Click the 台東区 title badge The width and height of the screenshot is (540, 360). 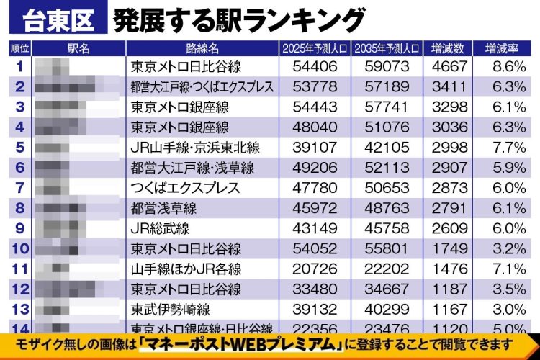(x=58, y=20)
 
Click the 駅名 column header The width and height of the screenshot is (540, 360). (x=78, y=48)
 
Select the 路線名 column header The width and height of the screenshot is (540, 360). (x=202, y=48)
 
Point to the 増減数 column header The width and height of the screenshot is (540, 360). (x=452, y=48)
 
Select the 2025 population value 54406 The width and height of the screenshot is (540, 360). (x=316, y=66)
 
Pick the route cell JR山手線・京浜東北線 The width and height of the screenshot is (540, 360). (x=195, y=148)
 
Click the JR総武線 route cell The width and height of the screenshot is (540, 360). (x=160, y=229)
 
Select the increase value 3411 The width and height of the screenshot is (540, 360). (x=451, y=86)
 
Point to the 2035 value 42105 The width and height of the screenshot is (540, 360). (x=387, y=148)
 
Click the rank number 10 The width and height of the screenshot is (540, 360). (x=19, y=249)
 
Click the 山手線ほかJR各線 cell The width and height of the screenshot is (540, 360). (x=186, y=269)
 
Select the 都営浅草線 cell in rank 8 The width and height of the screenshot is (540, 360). (x=163, y=209)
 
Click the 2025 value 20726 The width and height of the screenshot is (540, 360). (x=316, y=269)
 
